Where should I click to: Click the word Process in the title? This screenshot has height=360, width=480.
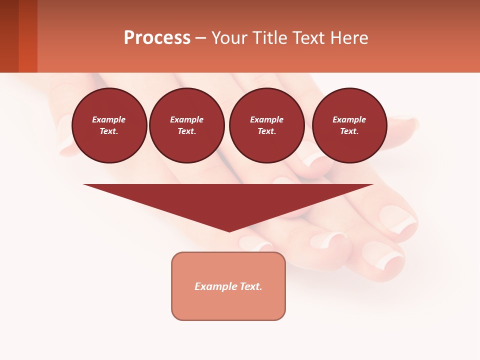pos(157,38)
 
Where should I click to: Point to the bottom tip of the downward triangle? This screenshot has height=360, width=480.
pos(229,231)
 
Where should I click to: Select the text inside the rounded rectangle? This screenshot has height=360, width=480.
pos(228,286)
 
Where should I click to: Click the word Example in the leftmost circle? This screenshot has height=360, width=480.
pos(109,119)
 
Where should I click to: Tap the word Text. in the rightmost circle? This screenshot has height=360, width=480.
pos(349,131)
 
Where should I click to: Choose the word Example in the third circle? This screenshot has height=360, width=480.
pos(267,119)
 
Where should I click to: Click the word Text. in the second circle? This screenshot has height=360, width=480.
pos(187,131)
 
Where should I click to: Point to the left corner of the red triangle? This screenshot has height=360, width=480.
pos(85,185)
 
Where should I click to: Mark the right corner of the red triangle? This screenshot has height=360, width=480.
pos(371,185)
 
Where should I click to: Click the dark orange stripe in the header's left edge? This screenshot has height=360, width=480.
pos(28,36)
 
